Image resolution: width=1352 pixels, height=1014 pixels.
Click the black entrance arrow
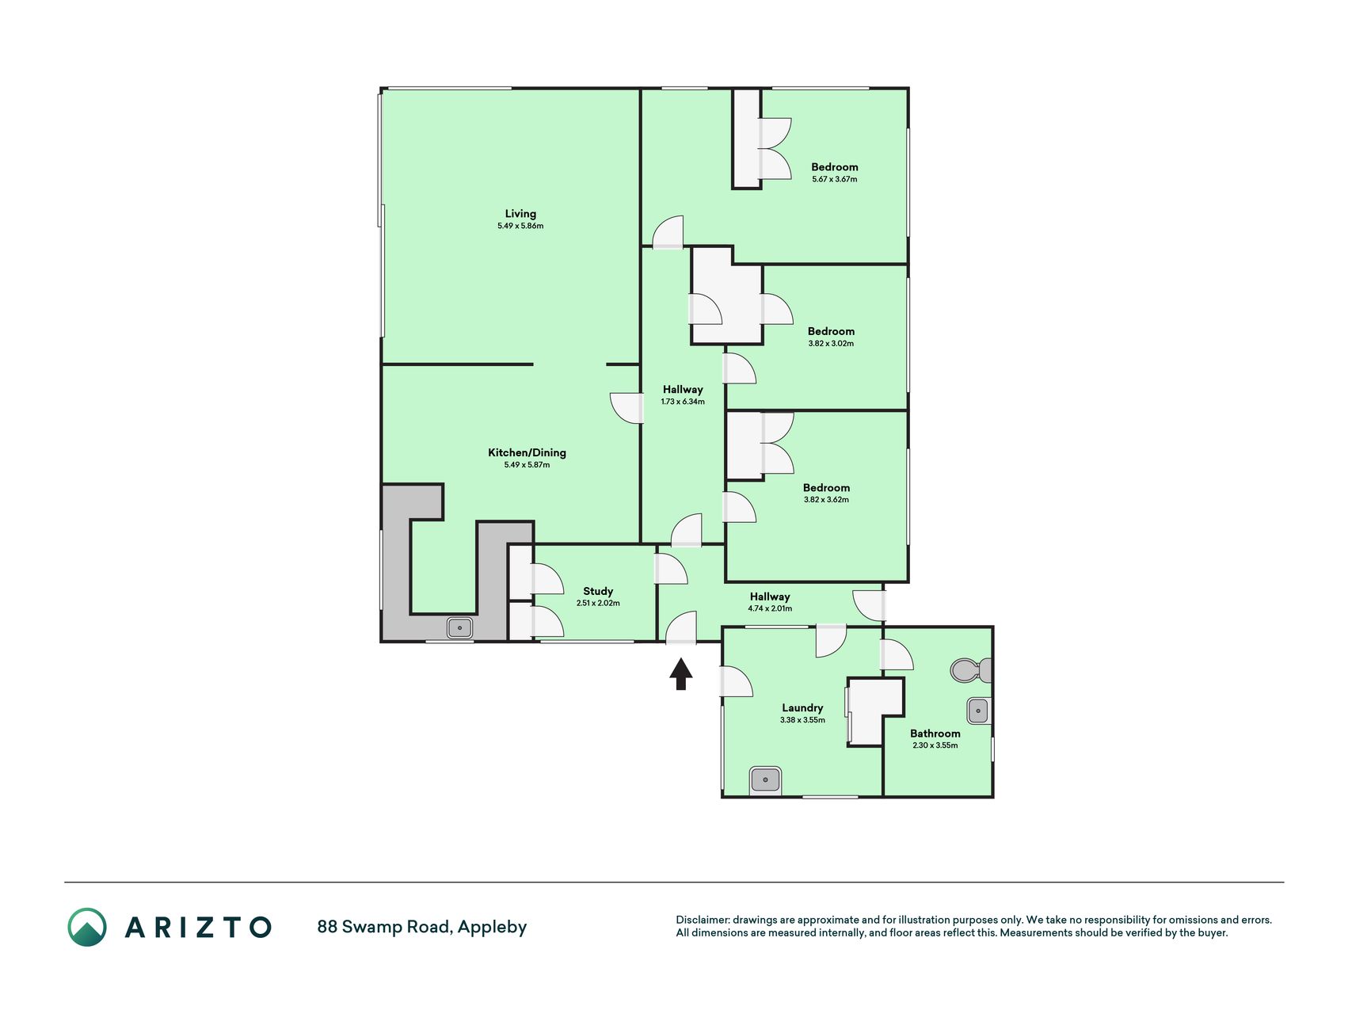pos(681,674)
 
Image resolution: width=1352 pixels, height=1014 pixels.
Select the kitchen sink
pos(459,628)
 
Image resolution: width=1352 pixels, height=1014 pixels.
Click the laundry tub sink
pos(766,780)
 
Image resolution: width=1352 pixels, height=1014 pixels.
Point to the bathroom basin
pos(979,711)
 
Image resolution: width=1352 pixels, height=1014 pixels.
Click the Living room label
pos(520,214)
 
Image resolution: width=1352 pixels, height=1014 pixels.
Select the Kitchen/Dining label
pos(527,453)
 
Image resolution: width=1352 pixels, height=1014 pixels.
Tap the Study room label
pos(598,591)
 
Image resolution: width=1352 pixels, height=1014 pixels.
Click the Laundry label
pos(802,708)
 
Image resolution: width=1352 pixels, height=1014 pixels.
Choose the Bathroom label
pos(935,734)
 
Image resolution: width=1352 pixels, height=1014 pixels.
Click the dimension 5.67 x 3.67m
pos(835,179)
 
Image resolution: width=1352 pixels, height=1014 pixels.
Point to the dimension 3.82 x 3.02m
pos(831,344)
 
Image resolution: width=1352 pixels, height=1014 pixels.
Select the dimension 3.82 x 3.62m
pos(826,500)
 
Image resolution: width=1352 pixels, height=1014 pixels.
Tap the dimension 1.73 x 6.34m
pos(683,402)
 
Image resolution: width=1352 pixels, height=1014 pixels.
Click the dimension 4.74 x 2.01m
pos(770,608)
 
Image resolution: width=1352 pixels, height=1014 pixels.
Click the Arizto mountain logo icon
pos(87,927)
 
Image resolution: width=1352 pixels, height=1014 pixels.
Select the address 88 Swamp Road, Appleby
pos(422,927)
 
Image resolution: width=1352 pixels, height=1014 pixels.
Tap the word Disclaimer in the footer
pos(703,920)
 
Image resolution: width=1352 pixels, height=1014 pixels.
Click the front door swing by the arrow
pos(680,627)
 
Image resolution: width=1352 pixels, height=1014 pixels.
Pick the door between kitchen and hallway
pos(626,408)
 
